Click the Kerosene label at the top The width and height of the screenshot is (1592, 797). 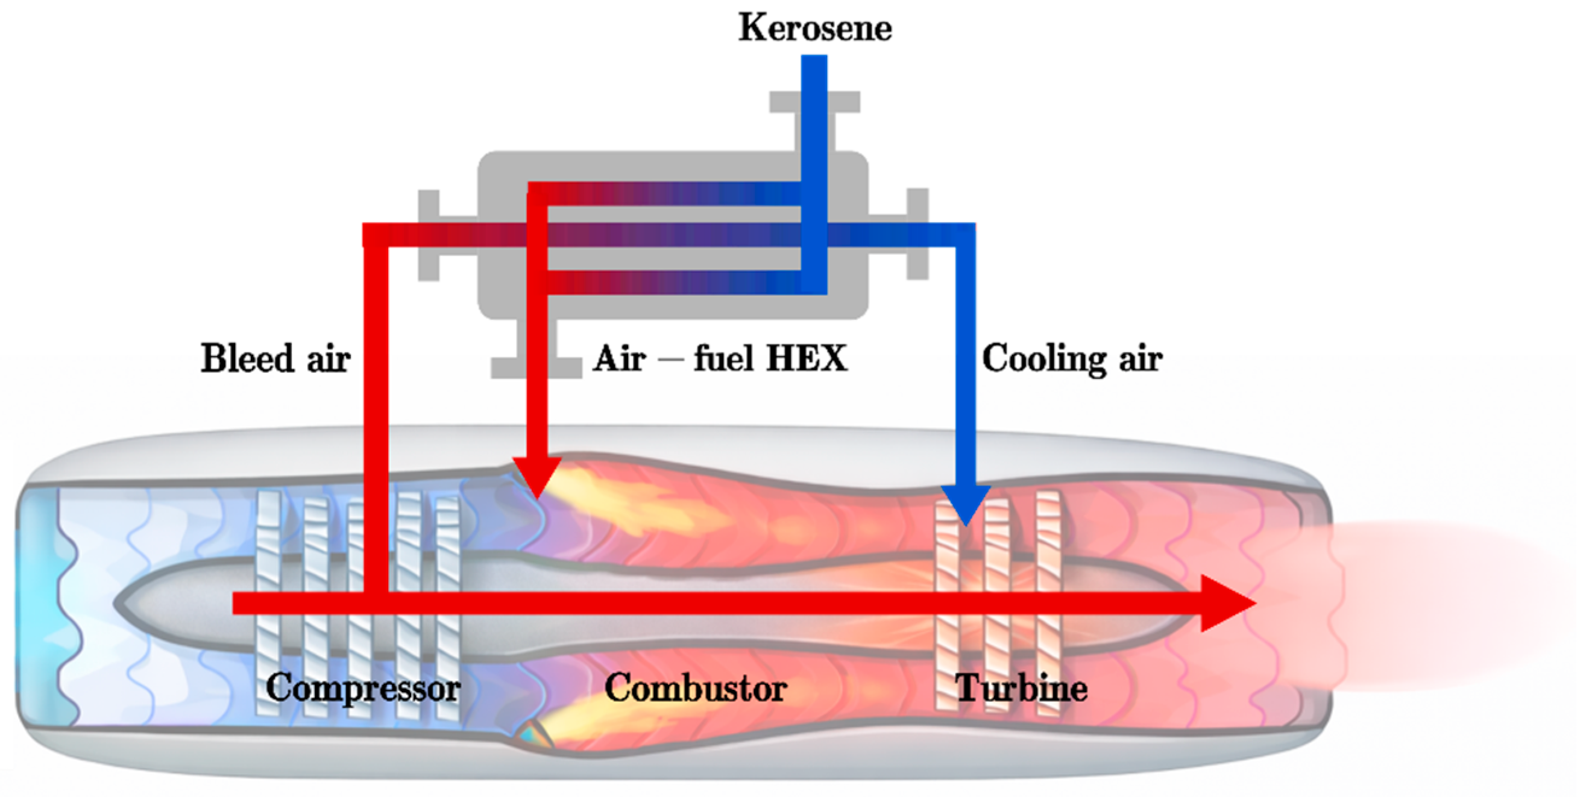tap(814, 28)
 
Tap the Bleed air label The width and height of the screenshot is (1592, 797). tap(275, 358)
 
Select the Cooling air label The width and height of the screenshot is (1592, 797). tap(1072, 358)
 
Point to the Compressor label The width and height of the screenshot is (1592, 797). tap(363, 687)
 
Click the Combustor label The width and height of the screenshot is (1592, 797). tap(695, 687)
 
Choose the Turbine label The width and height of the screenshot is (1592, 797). tap(1021, 687)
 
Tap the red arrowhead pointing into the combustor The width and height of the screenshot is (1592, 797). tap(537, 476)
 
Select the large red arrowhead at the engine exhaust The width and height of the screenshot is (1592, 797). tap(1224, 604)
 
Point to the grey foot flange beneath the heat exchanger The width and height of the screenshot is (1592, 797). tap(536, 368)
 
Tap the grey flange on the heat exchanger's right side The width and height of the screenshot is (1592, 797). tap(917, 234)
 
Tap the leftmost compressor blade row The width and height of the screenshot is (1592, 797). tap(268, 602)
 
